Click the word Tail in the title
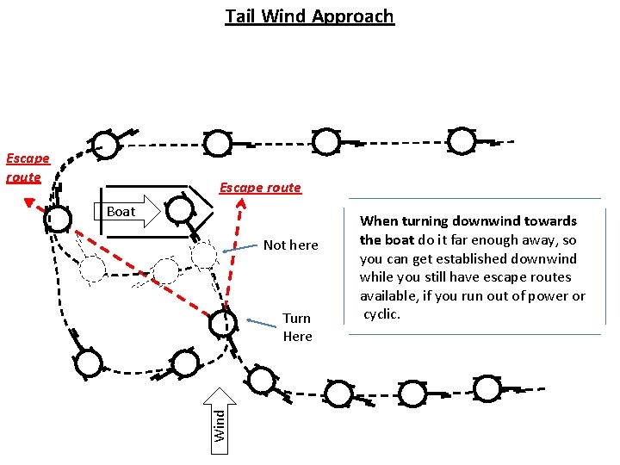241,16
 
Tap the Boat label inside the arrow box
121,211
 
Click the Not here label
291,245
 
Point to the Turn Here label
297,327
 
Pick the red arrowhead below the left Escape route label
29,205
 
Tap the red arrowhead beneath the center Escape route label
242,205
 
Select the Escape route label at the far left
27,168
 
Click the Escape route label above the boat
260,188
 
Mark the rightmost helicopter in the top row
462,140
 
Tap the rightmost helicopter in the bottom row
487,389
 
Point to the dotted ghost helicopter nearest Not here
203,255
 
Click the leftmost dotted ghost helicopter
92,270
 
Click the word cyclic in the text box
381,313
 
